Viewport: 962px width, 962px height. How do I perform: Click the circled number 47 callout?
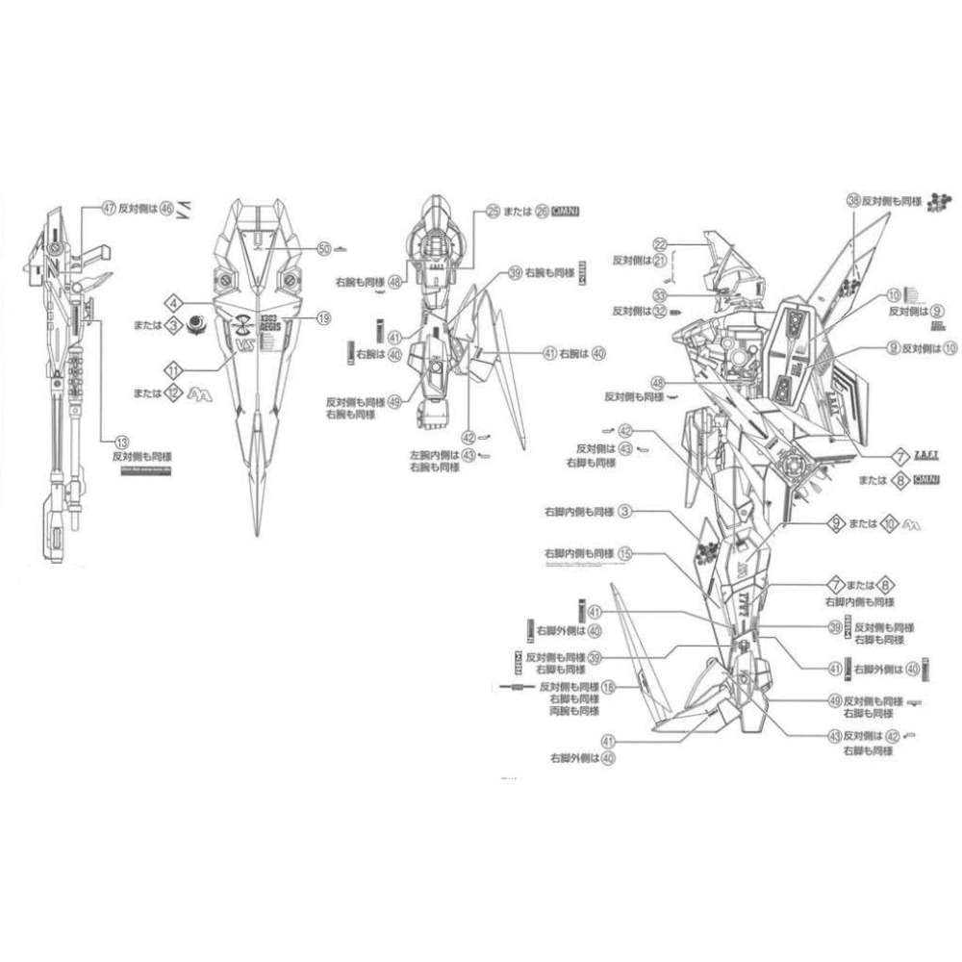pyautogui.click(x=109, y=207)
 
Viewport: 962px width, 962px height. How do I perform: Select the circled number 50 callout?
pyautogui.click(x=324, y=248)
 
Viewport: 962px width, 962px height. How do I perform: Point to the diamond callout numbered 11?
pyautogui.click(x=173, y=368)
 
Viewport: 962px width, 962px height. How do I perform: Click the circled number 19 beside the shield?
pyautogui.click(x=323, y=316)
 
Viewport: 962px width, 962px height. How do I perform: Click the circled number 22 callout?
pyautogui.click(x=660, y=243)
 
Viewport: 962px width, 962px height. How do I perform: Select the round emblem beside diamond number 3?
pyautogui.click(x=196, y=324)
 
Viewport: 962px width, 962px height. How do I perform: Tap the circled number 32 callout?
pyautogui.click(x=660, y=311)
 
